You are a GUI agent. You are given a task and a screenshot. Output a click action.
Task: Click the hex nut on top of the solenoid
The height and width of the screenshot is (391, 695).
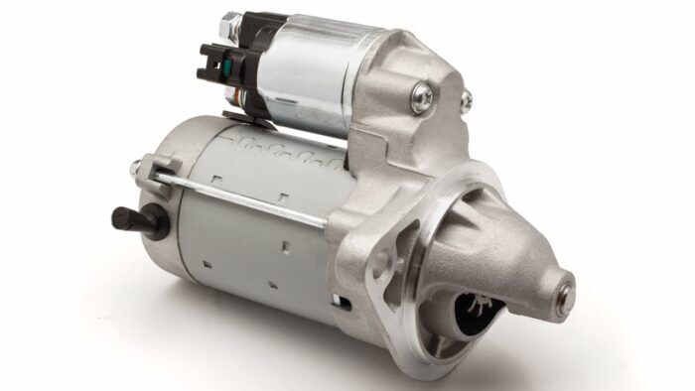(229, 21)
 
